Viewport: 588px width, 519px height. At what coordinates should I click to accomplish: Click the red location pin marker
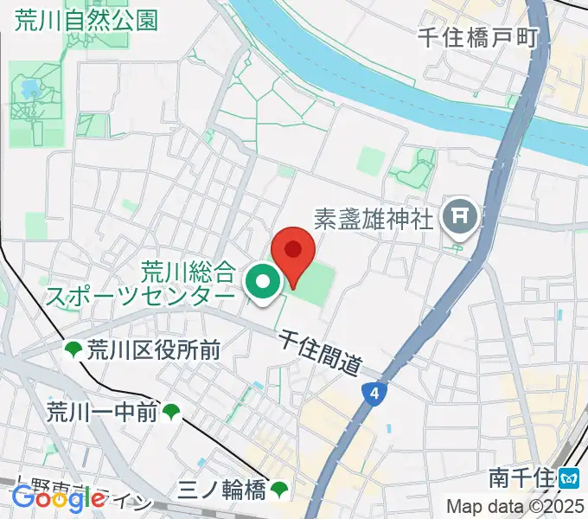(x=293, y=253)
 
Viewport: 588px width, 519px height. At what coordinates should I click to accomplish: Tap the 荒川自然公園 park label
(x=86, y=19)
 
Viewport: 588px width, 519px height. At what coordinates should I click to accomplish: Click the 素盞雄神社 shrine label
(x=373, y=219)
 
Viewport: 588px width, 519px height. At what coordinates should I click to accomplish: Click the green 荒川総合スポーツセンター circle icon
(x=262, y=281)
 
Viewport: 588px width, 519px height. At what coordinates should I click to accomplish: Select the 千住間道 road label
(x=320, y=353)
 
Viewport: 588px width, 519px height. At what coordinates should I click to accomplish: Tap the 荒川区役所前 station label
(x=154, y=349)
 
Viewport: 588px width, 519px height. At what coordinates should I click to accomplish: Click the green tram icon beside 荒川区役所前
(x=73, y=349)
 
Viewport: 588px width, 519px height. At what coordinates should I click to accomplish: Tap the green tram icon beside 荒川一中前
(x=172, y=412)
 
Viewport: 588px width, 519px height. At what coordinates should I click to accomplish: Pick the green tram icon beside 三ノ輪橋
(x=278, y=490)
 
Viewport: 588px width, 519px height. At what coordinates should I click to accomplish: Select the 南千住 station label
(x=521, y=477)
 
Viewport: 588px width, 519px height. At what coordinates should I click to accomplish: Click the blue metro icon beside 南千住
(x=569, y=477)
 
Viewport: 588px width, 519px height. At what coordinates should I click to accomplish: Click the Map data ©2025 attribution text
(x=514, y=507)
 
